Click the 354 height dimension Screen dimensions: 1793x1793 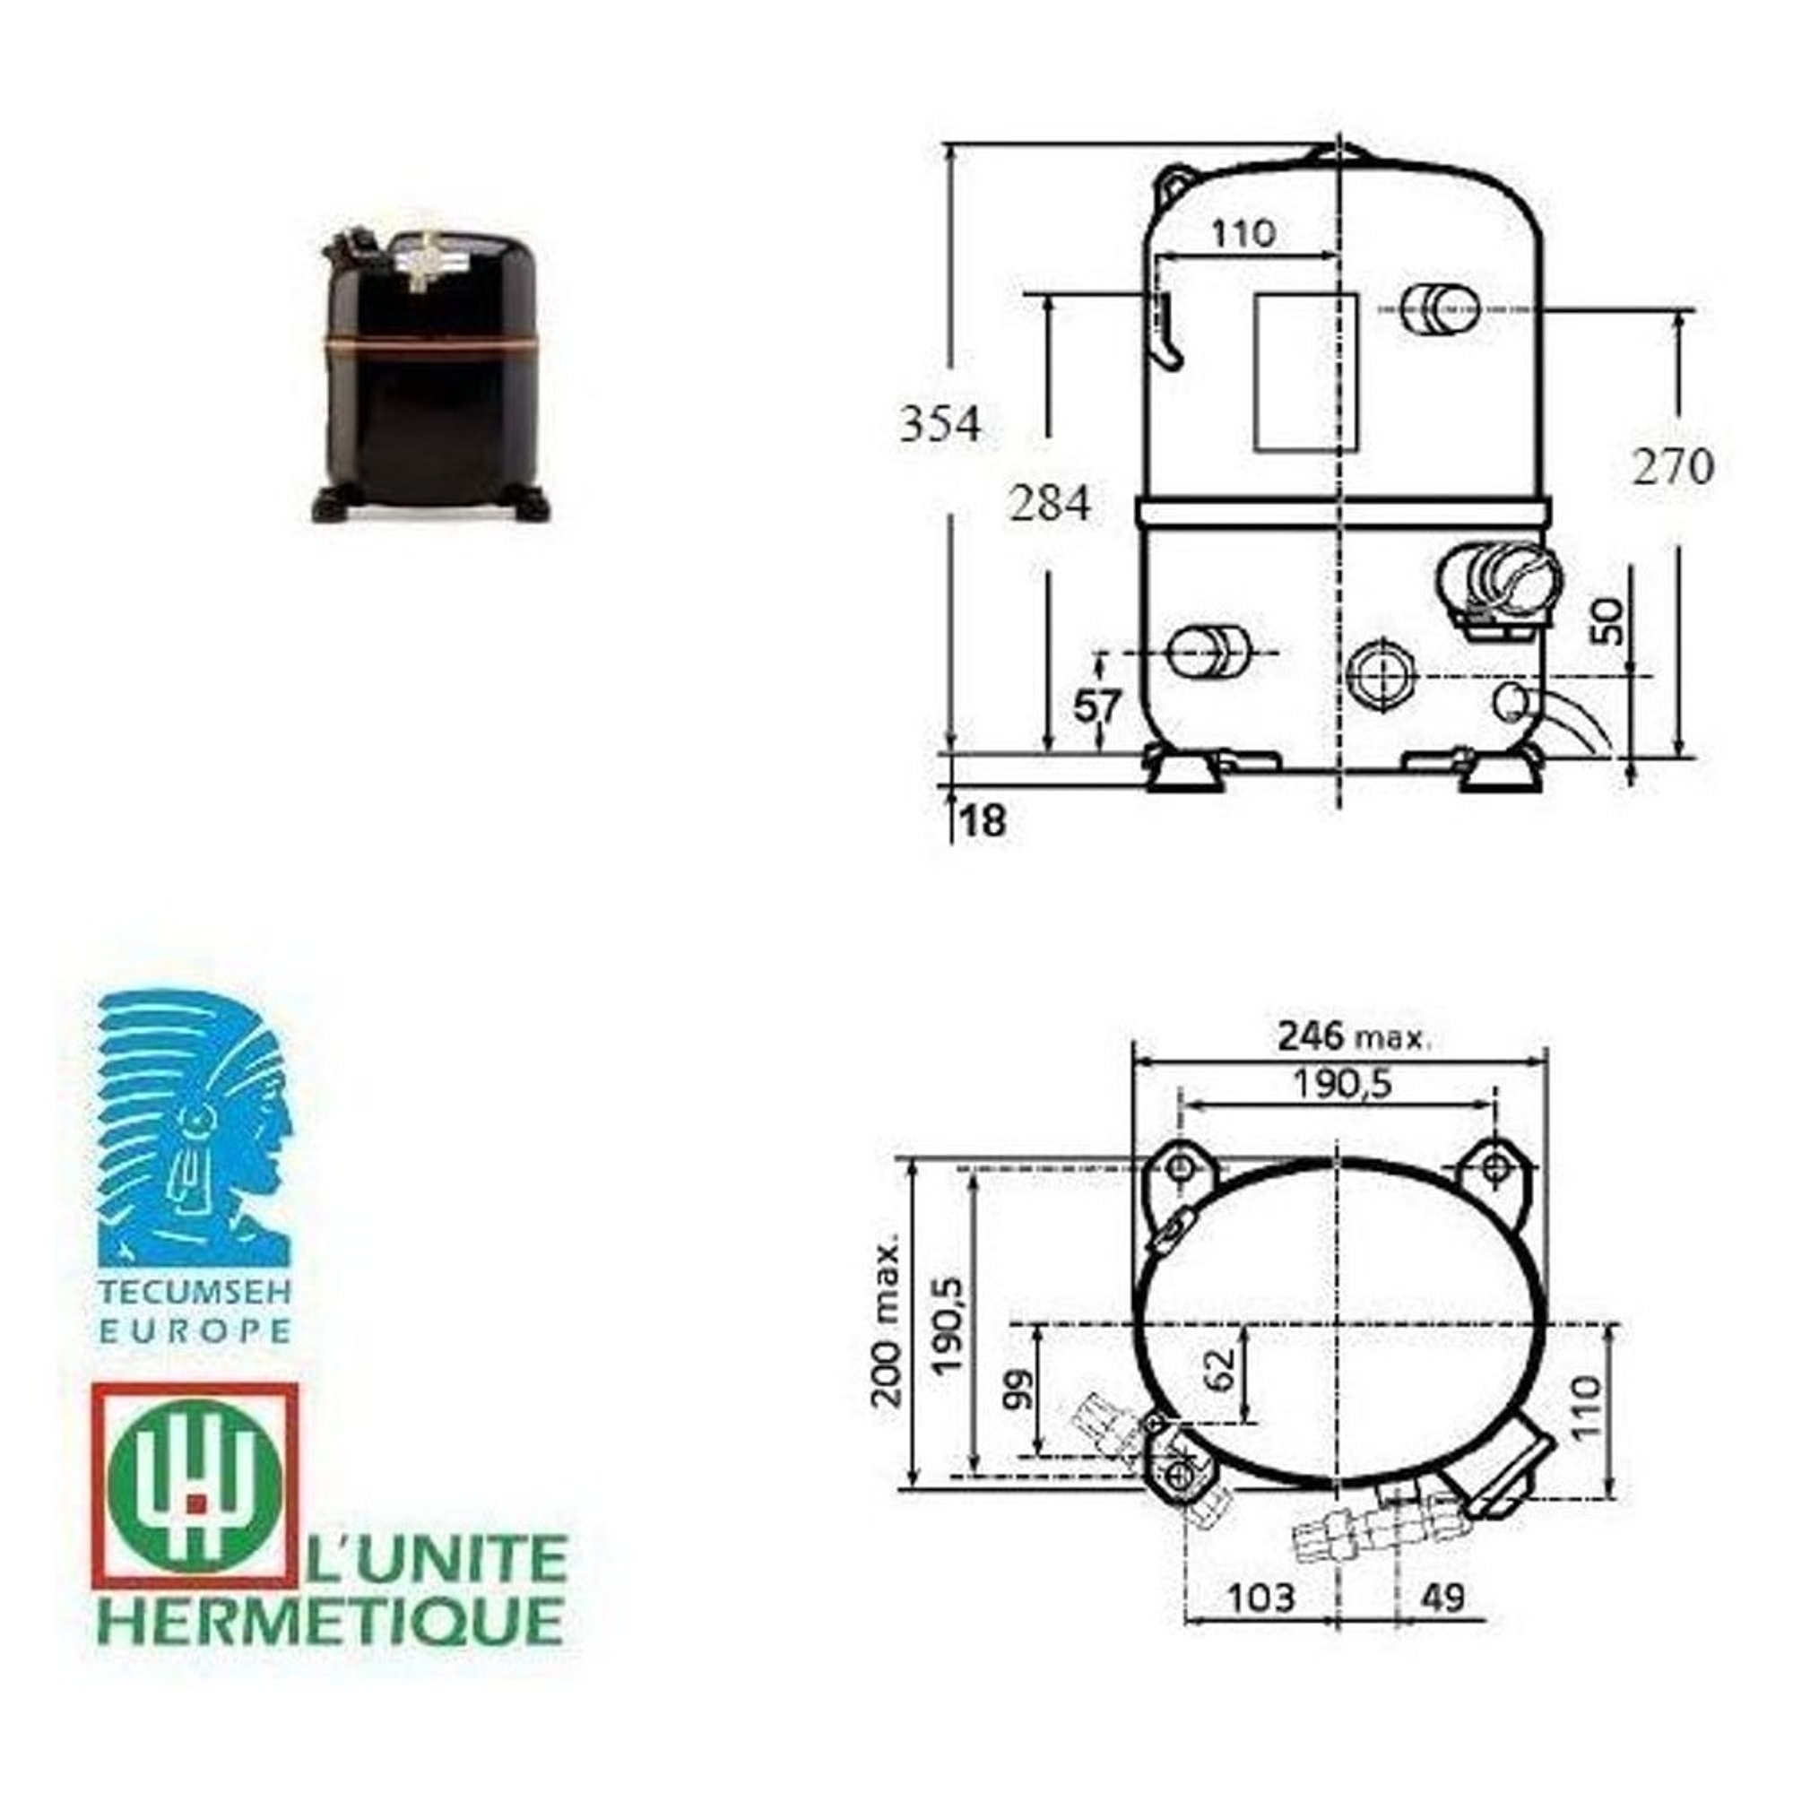pyautogui.click(x=940, y=426)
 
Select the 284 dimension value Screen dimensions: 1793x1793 pyautogui.click(x=1050, y=504)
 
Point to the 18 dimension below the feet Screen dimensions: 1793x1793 pyautogui.click(x=984, y=820)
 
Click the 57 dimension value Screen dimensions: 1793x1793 pyautogui.click(x=1098, y=706)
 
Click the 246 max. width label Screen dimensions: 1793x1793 pyautogui.click(x=1354, y=1035)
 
